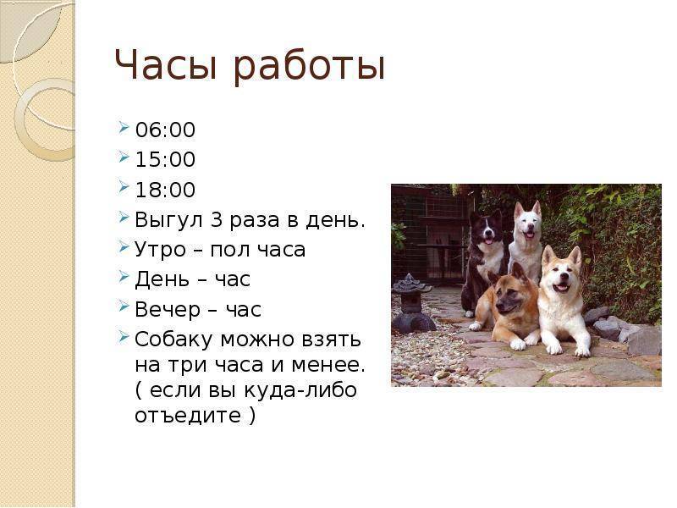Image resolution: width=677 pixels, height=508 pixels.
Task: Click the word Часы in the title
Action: [165, 65]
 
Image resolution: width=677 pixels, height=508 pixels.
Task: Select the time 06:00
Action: [165, 130]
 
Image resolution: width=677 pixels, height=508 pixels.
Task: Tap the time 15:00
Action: [165, 159]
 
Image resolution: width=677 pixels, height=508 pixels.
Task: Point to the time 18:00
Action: [165, 190]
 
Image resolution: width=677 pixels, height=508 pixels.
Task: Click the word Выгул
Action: [168, 220]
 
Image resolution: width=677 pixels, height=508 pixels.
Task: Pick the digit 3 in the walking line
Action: [217, 219]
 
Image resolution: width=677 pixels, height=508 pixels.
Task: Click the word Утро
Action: [161, 250]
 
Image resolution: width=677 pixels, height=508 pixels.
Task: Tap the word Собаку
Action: [174, 340]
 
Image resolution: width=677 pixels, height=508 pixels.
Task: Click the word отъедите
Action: [188, 416]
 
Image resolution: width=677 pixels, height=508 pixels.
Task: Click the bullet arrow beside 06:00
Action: [124, 128]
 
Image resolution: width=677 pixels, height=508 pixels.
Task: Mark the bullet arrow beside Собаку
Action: [124, 337]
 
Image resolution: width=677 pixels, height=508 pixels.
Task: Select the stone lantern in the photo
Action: [412, 304]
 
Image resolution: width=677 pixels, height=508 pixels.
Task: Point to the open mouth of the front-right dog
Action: [561, 287]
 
